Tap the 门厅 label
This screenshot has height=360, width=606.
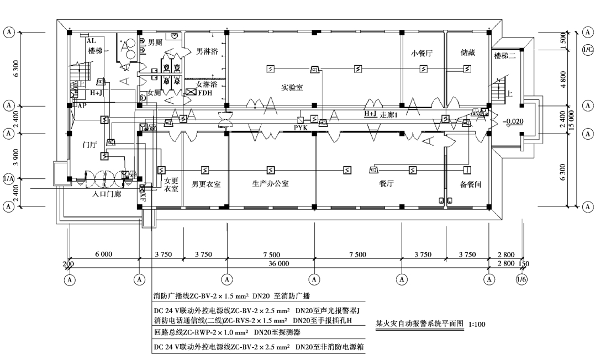[89, 145]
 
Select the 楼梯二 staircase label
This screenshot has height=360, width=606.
[507, 56]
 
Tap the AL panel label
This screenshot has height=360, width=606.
[91, 41]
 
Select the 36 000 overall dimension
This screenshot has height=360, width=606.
[279, 264]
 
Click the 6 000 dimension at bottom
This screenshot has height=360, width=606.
[103, 255]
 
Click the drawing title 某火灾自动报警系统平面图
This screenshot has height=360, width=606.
[420, 324]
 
